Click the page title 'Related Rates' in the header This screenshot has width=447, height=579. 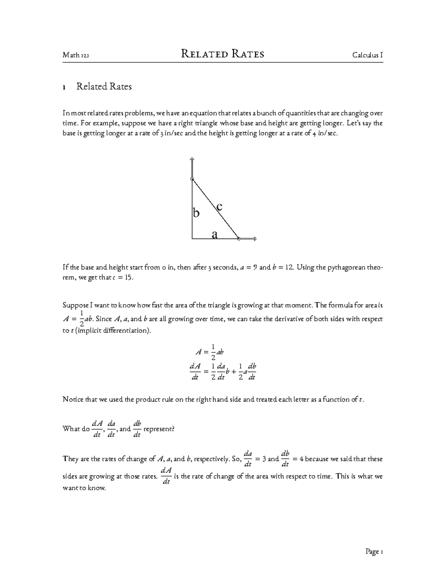coord(222,54)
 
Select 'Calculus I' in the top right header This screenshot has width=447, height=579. coord(368,56)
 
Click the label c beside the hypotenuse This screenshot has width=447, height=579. coord(219,206)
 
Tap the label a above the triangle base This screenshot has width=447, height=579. coord(215,235)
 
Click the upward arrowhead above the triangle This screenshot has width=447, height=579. coord(192,160)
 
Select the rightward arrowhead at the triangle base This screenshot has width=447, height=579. coord(255,239)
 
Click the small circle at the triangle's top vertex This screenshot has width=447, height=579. coord(192,179)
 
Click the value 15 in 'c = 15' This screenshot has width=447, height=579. coord(129,278)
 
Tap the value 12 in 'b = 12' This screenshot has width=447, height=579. coord(288,267)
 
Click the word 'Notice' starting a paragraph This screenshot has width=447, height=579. coord(73,399)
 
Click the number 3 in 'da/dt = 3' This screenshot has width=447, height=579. coord(264,459)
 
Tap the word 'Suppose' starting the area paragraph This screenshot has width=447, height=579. coord(75,305)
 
